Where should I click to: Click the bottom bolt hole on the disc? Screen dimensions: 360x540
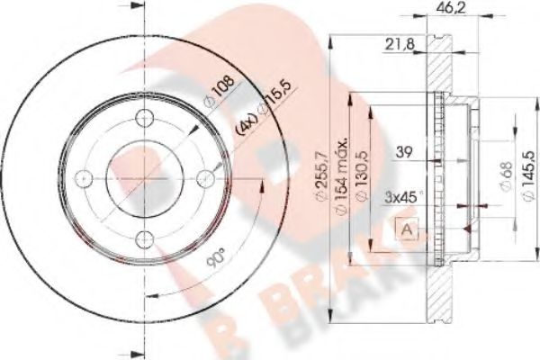145,238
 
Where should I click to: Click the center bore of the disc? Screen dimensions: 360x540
145,176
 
